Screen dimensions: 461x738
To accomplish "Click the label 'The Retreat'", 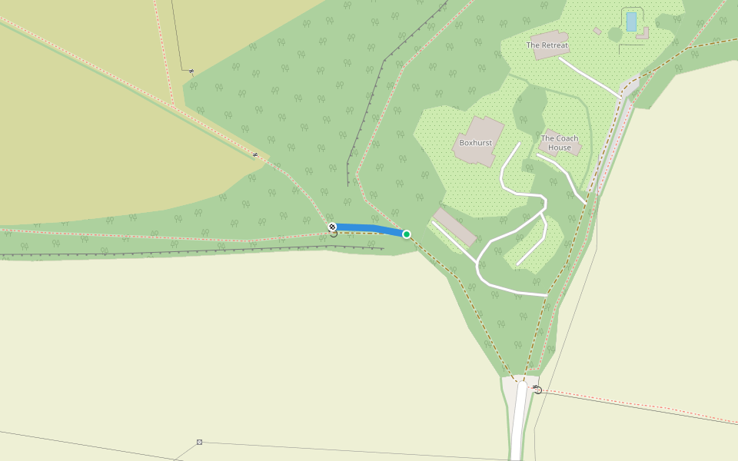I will click(547, 45).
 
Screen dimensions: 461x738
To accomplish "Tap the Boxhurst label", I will click(475, 143).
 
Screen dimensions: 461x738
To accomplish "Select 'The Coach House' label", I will click(560, 143).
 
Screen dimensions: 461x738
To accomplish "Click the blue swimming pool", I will click(631, 22).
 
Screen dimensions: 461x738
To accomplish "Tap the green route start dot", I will click(407, 234).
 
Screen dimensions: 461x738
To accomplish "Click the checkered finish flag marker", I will click(332, 227).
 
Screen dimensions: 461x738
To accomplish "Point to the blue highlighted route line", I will click(369, 229).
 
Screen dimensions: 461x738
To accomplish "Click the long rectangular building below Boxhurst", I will click(454, 227).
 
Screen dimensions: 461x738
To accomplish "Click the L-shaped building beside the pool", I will click(643, 33).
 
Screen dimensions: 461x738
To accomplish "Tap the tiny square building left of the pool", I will click(597, 31).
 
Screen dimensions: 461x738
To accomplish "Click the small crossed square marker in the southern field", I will click(199, 442).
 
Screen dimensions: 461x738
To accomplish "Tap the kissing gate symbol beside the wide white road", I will click(537, 390).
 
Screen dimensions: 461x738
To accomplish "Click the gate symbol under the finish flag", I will click(333, 234).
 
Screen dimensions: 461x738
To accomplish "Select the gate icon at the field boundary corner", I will click(191, 71).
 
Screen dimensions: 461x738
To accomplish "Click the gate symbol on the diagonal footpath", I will click(255, 154).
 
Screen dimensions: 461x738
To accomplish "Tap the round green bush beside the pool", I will click(615, 35).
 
